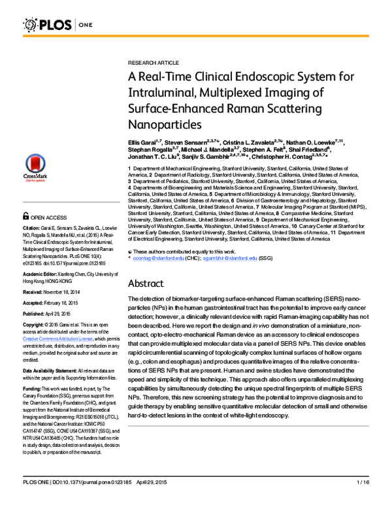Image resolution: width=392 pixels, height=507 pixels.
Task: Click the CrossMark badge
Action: point(37,171)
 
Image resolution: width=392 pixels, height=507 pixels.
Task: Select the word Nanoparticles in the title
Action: point(161,122)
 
